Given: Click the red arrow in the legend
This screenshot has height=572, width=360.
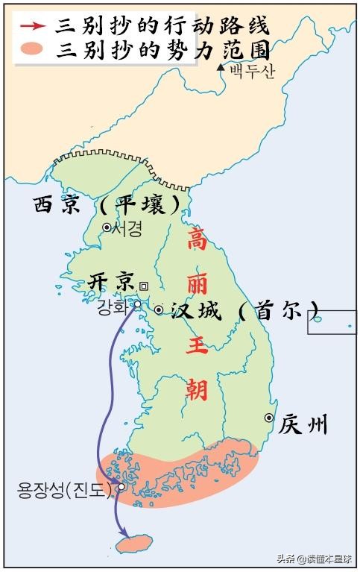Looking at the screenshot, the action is click(34, 25).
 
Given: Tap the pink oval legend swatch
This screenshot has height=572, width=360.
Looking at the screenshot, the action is click(34, 51).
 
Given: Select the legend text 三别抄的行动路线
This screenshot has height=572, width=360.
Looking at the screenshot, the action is click(162, 25).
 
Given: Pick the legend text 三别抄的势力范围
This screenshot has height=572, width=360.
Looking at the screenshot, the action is click(162, 51).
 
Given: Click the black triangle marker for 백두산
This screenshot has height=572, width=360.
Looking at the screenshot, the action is click(220, 68).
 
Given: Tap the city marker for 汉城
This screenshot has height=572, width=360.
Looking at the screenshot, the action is click(159, 309).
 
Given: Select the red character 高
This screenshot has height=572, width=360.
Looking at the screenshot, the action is click(197, 239).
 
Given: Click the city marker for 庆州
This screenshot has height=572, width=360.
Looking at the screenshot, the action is click(268, 418).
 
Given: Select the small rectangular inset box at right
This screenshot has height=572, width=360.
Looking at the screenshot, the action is click(332, 321).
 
